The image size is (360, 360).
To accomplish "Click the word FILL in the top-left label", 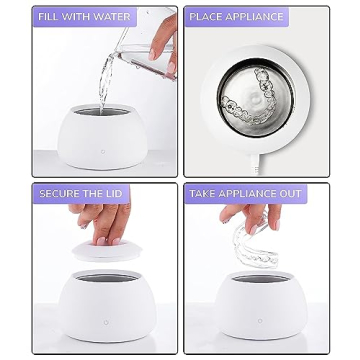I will (x=49, y=17).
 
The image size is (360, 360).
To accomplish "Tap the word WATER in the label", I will (x=111, y=17).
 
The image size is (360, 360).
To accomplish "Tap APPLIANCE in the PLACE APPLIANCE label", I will (x=254, y=17).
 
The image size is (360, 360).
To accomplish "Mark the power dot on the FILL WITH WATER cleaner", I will (x=104, y=152).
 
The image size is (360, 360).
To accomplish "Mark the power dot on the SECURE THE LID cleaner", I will (x=105, y=322).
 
